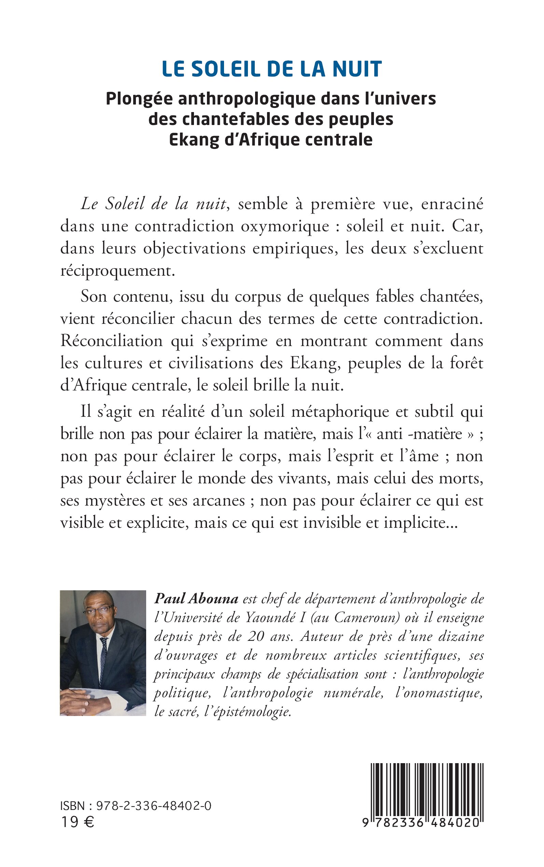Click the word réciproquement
tap(118, 271)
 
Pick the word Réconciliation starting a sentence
tap(112, 341)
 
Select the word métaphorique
tap(340, 411)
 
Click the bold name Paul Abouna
tap(196, 598)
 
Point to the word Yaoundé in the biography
tap(269, 617)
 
